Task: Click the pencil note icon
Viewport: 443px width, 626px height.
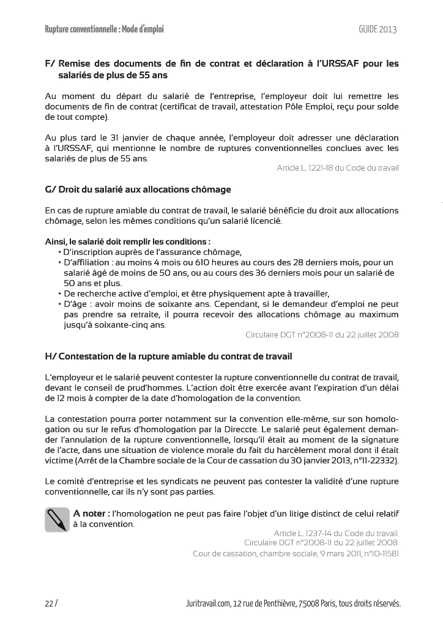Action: [57, 519]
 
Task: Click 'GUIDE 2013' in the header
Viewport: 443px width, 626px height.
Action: [378, 29]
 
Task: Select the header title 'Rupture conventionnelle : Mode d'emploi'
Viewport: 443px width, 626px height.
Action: [105, 29]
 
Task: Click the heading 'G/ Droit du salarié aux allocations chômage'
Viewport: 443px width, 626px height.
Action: [138, 190]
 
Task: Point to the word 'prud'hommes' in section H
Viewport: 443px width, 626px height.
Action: [151, 388]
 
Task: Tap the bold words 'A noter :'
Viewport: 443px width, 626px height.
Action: [92, 513]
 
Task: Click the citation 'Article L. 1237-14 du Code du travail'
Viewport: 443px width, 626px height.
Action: [336, 533]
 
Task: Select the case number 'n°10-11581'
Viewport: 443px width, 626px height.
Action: [379, 554]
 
